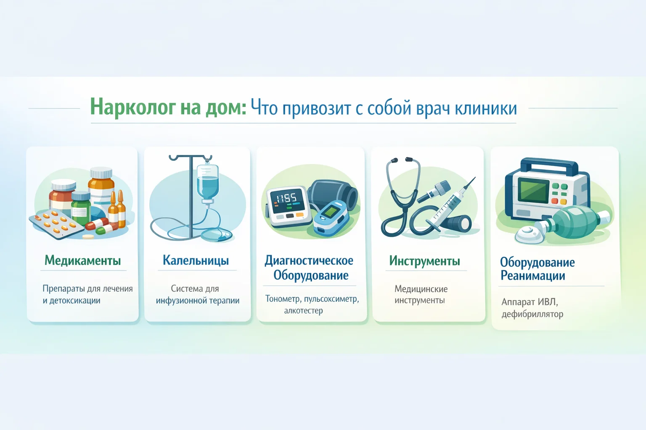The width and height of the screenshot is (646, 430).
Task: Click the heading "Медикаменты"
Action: pyautogui.click(x=83, y=260)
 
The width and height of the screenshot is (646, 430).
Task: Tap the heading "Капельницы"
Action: pyautogui.click(x=196, y=260)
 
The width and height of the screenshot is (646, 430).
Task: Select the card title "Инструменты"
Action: pyautogui.click(x=424, y=261)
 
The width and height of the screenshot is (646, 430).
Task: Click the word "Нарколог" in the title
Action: pyautogui.click(x=132, y=107)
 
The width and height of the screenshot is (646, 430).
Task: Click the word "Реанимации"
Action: pyautogui.click(x=533, y=275)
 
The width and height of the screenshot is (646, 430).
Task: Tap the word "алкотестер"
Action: pyautogui.click(x=303, y=310)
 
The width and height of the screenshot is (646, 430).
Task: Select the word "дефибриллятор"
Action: pyautogui.click(x=532, y=314)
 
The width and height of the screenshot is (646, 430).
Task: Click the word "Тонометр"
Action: pyautogui.click(x=283, y=299)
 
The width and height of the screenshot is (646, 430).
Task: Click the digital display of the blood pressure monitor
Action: pyautogui.click(x=288, y=200)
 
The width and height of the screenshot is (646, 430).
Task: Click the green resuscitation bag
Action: pyautogui.click(x=574, y=222)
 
